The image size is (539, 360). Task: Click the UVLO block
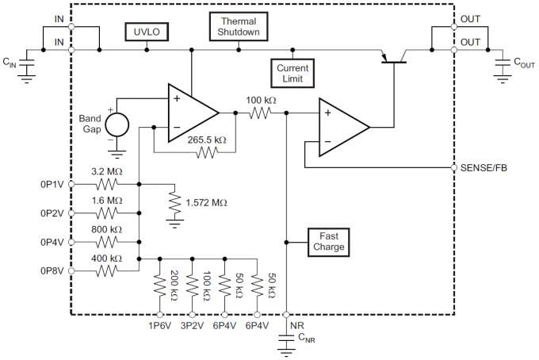(x=146, y=32)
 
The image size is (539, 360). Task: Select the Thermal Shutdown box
(x=239, y=26)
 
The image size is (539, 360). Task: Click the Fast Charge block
(x=328, y=241)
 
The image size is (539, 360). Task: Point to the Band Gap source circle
(x=117, y=124)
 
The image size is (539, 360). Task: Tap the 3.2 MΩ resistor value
(x=107, y=170)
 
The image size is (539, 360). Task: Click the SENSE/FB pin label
(x=484, y=168)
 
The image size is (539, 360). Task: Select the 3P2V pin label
(x=193, y=325)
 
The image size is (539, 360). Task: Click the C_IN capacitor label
(x=10, y=60)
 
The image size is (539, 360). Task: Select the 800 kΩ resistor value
(x=107, y=228)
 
